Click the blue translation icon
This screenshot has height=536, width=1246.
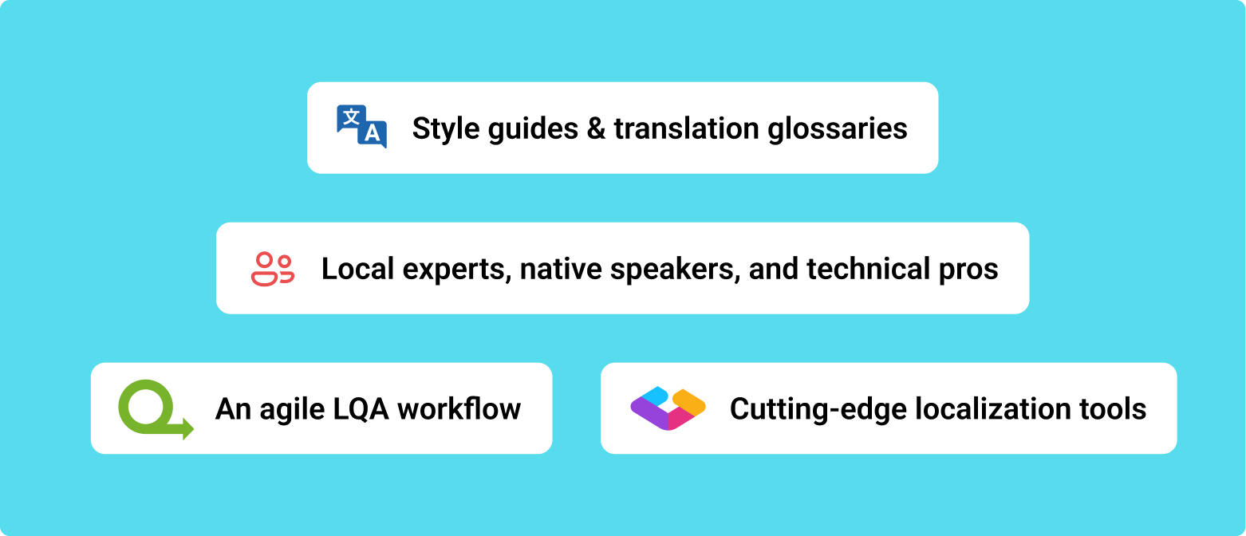click(x=361, y=127)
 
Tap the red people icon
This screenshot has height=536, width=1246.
click(x=273, y=269)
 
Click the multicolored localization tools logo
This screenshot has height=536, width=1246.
click(x=668, y=408)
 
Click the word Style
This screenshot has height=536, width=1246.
click(x=446, y=129)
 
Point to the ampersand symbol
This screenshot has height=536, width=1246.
click(x=596, y=128)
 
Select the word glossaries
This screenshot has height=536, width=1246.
click(x=838, y=129)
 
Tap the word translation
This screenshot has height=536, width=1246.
click(x=686, y=128)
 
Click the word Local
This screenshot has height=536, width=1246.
click(x=357, y=269)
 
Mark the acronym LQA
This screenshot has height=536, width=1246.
click(x=361, y=409)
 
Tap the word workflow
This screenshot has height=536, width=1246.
click(x=459, y=408)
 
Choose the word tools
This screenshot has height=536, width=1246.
click(x=1113, y=409)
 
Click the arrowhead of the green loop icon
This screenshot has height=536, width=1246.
click(x=188, y=428)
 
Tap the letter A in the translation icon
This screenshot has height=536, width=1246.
click(x=373, y=133)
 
